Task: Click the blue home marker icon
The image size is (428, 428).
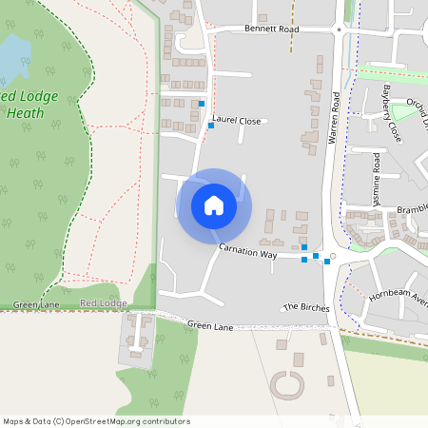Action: [214, 205]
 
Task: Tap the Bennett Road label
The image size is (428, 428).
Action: [271, 29]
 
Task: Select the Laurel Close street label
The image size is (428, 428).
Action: [237, 121]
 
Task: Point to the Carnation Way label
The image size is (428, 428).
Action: [247, 251]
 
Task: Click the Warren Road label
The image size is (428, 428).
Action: [334, 118]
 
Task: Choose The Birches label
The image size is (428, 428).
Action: [306, 308]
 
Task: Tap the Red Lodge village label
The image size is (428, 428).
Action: [103, 303]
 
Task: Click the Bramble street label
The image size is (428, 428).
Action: [412, 208]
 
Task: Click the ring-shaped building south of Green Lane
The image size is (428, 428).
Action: [286, 385]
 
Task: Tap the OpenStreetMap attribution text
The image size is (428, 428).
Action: [95, 421]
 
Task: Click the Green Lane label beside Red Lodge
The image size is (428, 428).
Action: [36, 305]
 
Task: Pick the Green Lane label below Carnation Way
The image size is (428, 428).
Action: [209, 325]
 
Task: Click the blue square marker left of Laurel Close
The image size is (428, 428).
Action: [210, 126]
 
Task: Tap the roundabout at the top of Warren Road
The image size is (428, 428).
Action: [339, 30]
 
